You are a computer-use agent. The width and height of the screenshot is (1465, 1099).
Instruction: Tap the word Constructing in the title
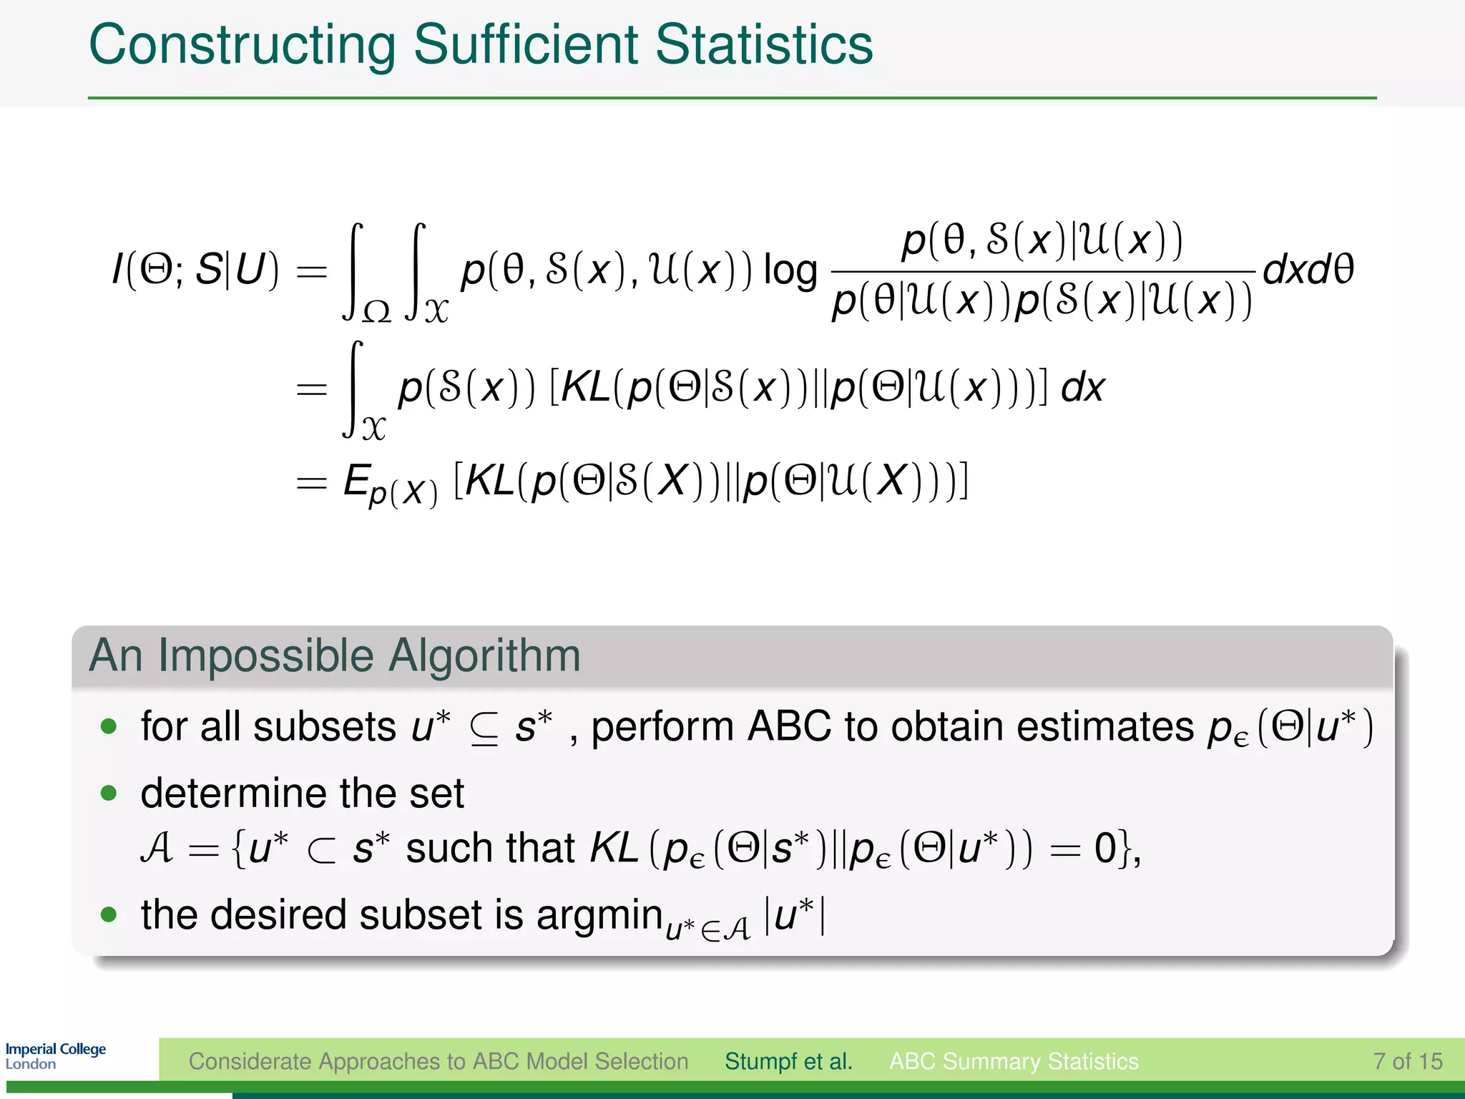242,46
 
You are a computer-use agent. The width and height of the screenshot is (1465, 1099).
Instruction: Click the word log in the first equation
790,271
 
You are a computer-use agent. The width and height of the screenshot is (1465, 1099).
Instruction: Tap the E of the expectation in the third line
356,480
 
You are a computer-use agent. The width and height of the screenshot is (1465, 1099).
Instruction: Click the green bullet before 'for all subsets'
109,727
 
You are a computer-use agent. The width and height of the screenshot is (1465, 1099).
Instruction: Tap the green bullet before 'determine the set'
109,793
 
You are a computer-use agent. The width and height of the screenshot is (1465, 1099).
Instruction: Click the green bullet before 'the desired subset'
109,914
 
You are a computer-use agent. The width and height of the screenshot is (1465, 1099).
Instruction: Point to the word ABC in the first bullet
789,727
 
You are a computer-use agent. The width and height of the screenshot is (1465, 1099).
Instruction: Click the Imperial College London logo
56,1056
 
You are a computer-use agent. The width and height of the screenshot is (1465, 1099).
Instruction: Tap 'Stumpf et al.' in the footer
788,1061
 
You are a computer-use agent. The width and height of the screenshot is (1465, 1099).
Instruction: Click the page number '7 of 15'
1407,1061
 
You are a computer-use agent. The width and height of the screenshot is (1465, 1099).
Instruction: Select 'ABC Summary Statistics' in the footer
1014,1061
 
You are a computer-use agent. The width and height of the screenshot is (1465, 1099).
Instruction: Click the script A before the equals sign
157,849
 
